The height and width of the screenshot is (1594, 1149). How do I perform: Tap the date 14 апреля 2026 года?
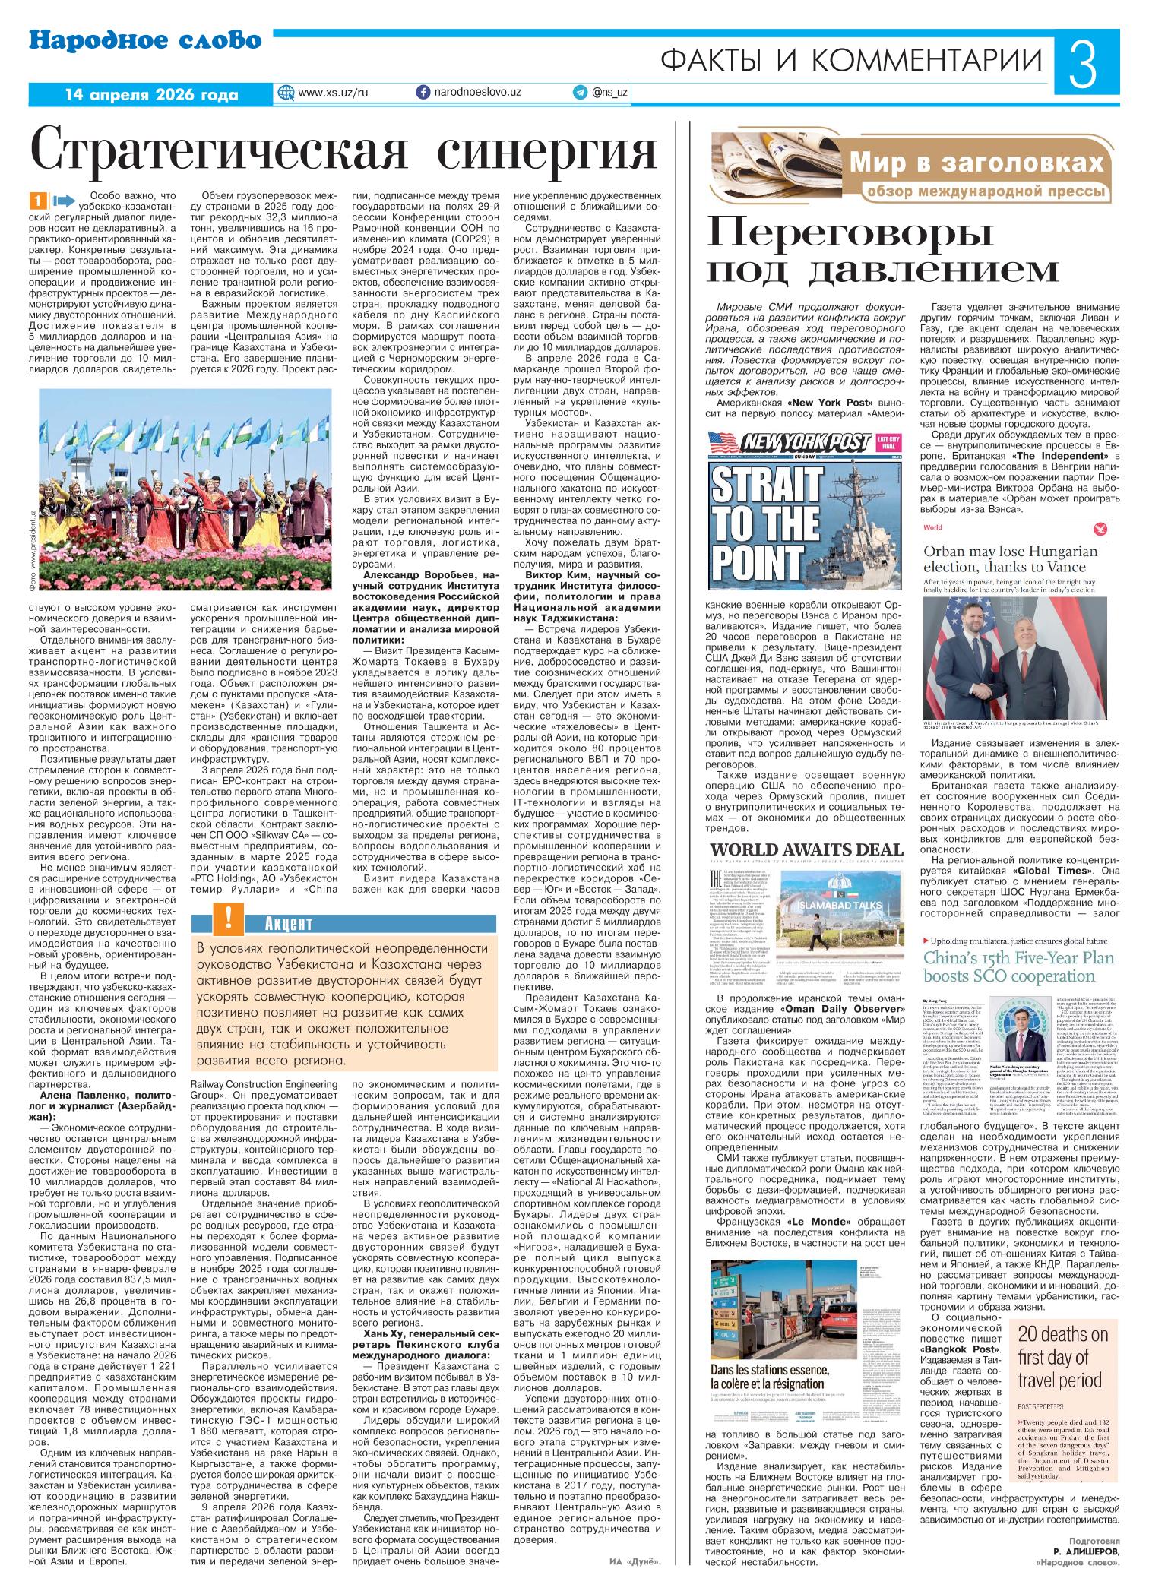pos(151,95)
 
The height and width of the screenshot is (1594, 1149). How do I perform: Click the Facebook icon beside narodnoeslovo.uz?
pos(423,92)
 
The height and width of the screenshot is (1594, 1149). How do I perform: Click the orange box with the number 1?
pos(39,201)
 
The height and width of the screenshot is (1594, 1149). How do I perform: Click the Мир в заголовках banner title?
pos(976,163)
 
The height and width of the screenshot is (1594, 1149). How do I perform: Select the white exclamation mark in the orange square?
pos(228,919)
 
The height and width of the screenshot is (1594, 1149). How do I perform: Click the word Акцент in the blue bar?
pos(289,924)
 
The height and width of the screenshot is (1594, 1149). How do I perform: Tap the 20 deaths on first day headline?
pos(1062,1357)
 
